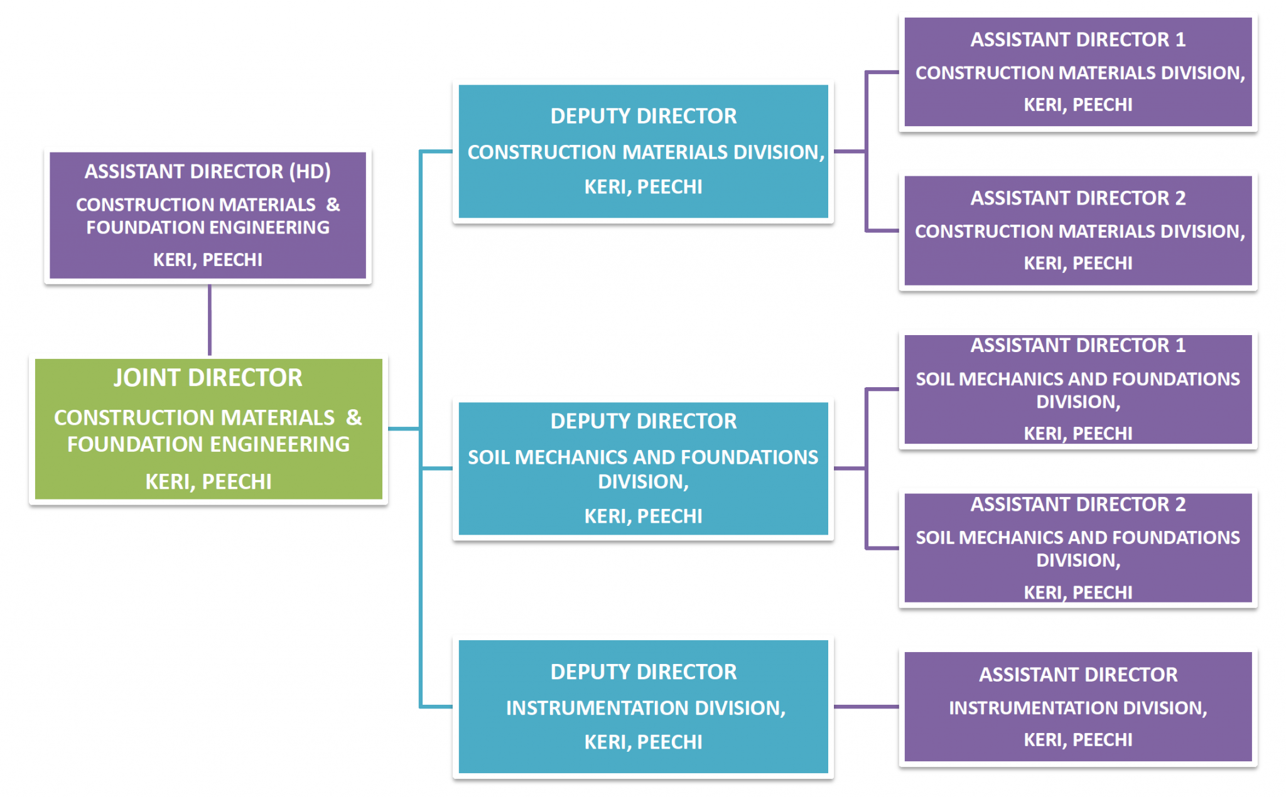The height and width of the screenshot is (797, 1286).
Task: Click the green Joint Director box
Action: click(x=208, y=429)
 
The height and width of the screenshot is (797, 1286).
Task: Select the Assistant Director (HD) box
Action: click(x=208, y=215)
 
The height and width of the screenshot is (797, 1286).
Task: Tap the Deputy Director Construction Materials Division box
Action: click(x=643, y=151)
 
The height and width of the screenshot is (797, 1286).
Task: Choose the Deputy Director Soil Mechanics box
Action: click(x=643, y=468)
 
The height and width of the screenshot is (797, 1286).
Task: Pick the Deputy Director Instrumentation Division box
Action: click(x=643, y=707)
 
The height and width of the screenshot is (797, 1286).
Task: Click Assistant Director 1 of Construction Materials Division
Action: click(x=1078, y=72)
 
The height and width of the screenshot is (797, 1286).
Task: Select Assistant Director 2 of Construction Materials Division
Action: click(x=1078, y=230)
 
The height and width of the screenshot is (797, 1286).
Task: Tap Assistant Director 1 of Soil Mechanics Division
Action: click(x=1078, y=389)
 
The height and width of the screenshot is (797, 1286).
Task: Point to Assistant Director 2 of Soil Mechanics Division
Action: click(x=1078, y=548)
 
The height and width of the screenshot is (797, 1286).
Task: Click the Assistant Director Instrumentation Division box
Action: click(x=1078, y=707)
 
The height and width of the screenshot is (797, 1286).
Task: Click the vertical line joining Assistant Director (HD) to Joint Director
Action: click(x=210, y=320)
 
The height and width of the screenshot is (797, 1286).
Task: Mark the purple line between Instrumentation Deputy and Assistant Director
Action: click(x=866, y=707)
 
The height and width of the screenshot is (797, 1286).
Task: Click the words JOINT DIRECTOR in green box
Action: click(x=208, y=378)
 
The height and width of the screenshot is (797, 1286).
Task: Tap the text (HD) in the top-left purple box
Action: click(x=310, y=171)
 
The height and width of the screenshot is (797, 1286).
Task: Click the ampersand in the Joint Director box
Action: click(x=354, y=417)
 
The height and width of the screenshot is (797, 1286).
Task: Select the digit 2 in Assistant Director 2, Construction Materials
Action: click(x=1181, y=198)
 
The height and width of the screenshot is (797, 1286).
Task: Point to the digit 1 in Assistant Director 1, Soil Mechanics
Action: click(x=1181, y=345)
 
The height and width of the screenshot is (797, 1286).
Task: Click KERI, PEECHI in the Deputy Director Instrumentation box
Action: click(x=643, y=742)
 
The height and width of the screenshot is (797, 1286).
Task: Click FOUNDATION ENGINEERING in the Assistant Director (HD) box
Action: click(x=208, y=227)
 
